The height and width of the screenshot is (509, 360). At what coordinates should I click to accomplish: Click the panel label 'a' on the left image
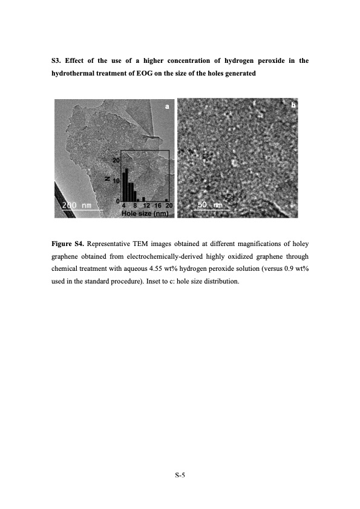[167, 106]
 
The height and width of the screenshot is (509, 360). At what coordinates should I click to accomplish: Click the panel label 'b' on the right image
[293, 105]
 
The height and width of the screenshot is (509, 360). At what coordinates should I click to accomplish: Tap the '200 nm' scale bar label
[76, 206]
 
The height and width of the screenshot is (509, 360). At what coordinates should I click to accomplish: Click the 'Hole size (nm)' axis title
[145, 213]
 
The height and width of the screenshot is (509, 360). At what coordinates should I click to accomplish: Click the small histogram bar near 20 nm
[166, 199]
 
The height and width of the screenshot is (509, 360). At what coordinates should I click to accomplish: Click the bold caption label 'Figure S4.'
[67, 244]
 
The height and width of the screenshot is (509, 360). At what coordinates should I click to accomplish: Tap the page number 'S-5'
[180, 475]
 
